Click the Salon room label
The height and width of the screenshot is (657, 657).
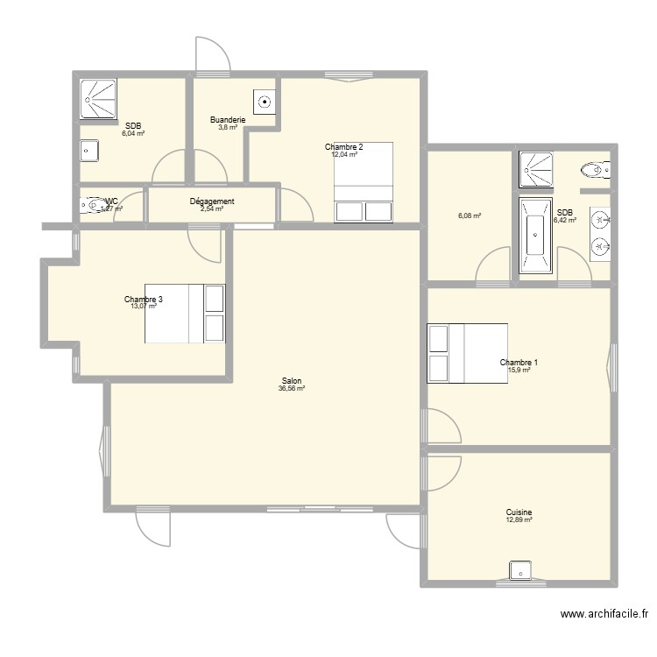[x=292, y=381]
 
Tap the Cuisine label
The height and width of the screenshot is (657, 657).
[x=519, y=512]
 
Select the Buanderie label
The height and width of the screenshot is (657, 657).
[x=228, y=120]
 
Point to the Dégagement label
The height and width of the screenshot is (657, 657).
[x=212, y=201]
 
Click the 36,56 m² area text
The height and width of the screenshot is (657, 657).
[x=292, y=389]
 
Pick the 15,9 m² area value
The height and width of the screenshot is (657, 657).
[x=519, y=370]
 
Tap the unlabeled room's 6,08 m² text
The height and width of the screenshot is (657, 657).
[x=470, y=215]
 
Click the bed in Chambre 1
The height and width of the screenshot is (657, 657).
[x=467, y=353]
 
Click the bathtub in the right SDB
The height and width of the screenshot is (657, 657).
[x=534, y=236]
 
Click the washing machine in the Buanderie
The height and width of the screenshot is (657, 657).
[x=264, y=102]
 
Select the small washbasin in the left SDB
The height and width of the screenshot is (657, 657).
[x=88, y=151]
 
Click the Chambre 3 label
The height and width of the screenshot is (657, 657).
[x=144, y=299]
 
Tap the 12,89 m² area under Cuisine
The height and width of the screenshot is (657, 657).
[x=519, y=520]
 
